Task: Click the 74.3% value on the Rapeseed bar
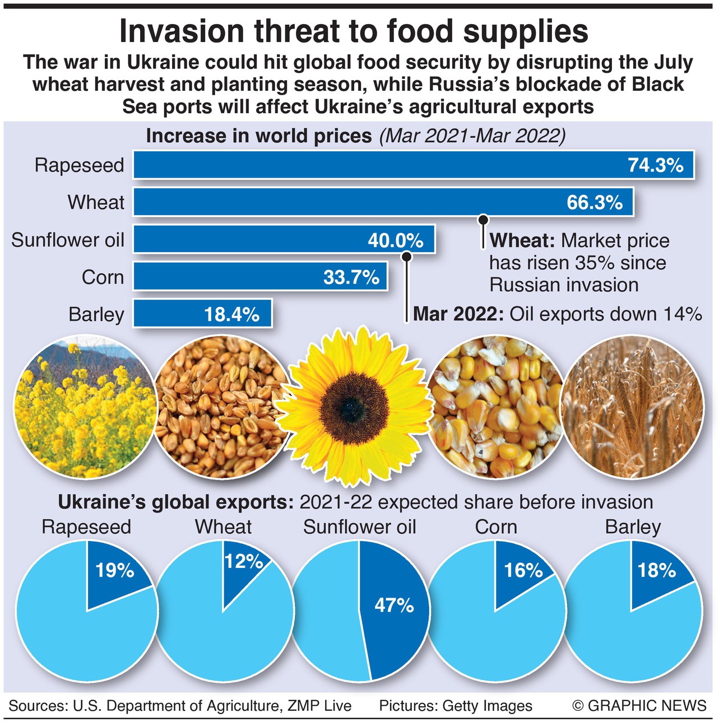pos(655,165)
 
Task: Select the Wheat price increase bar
pos(383,202)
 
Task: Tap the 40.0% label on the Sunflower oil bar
pos(395,240)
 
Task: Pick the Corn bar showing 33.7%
pos(260,277)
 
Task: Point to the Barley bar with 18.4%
pos(202,314)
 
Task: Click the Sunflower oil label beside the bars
pos(68,240)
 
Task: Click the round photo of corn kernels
pos(497,407)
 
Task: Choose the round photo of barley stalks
pos(632,407)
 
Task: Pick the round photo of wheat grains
pos(220,407)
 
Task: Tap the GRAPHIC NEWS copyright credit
pos(639,706)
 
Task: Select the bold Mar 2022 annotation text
pos(458,314)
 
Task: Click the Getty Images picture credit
pos(456,706)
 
